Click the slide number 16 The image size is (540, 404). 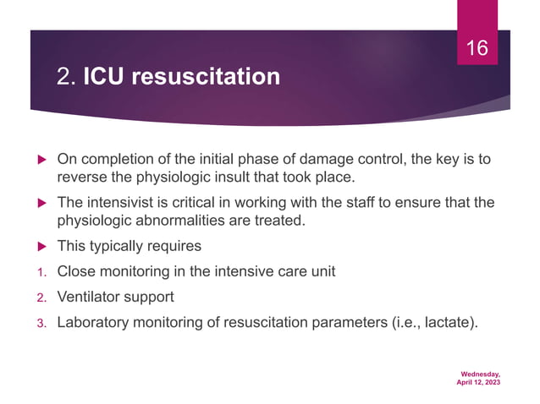click(x=477, y=48)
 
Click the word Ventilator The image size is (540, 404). click(x=89, y=297)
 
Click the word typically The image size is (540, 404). click(x=118, y=246)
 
